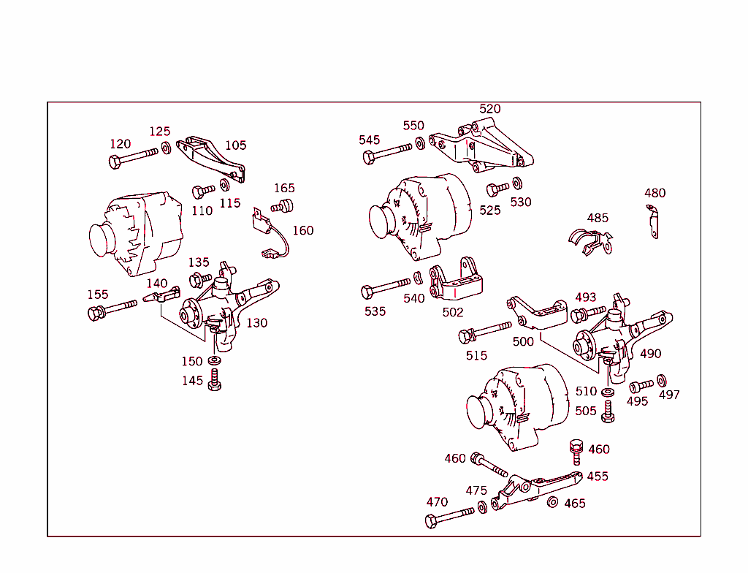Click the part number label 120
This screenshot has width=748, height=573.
[x=120, y=144]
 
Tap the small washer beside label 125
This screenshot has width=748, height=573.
[x=167, y=149]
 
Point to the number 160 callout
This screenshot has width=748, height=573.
[x=302, y=231]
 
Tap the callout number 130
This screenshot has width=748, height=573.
[x=256, y=323]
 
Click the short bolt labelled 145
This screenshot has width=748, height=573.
[x=214, y=380]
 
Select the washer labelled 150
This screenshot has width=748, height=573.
[x=215, y=361]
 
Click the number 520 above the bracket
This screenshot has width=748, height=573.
[x=489, y=109]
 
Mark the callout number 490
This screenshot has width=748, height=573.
[x=650, y=354]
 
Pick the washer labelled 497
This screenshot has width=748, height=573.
[x=662, y=380]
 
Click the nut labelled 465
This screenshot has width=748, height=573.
[x=553, y=501]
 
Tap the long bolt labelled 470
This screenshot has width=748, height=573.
[x=449, y=516]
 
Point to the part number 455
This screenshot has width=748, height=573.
[x=597, y=477]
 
